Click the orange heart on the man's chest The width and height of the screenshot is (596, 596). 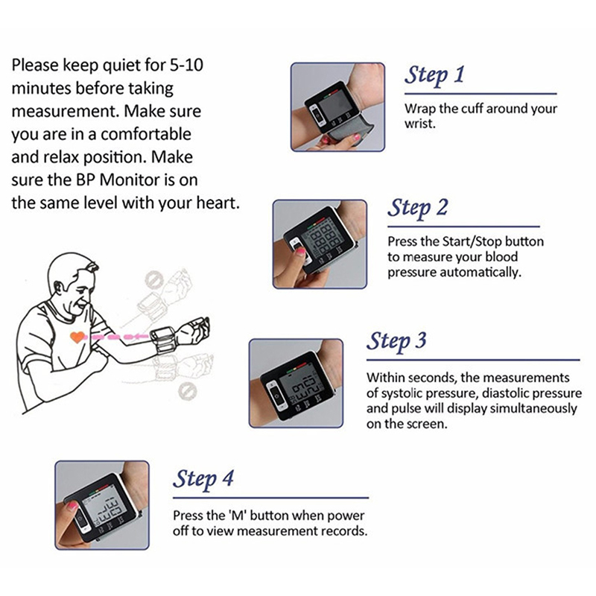tap(77, 337)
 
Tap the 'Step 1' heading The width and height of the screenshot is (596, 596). tap(434, 75)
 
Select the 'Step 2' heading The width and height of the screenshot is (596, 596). tap(418, 208)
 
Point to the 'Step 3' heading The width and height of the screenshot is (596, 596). tap(396, 341)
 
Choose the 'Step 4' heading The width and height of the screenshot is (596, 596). tap(203, 479)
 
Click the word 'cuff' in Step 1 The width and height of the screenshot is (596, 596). tap(472, 109)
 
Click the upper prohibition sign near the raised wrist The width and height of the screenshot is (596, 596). tap(154, 280)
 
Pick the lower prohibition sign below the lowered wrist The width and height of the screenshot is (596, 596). tap(188, 390)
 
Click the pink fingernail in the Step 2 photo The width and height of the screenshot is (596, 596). tap(301, 250)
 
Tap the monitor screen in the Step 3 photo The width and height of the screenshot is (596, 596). tap(299, 387)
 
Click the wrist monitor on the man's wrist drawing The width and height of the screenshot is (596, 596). tap(164, 340)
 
